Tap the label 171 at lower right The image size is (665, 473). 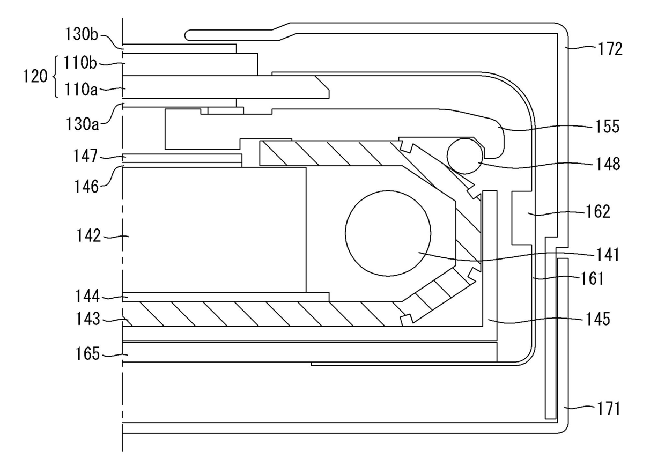609,409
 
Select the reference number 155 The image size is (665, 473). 607,127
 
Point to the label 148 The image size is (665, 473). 607,164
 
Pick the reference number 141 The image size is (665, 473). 607,255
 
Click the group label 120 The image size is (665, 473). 35,77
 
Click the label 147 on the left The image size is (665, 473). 86,156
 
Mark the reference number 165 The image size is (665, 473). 87,354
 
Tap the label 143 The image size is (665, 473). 87,319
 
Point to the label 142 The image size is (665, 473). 88,235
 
